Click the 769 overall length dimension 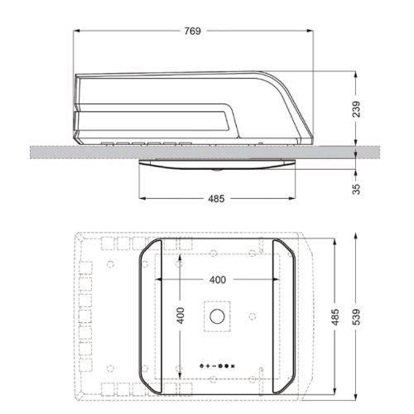tap(191, 31)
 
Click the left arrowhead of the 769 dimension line tap(77, 31)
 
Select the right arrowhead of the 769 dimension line tap(310, 31)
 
